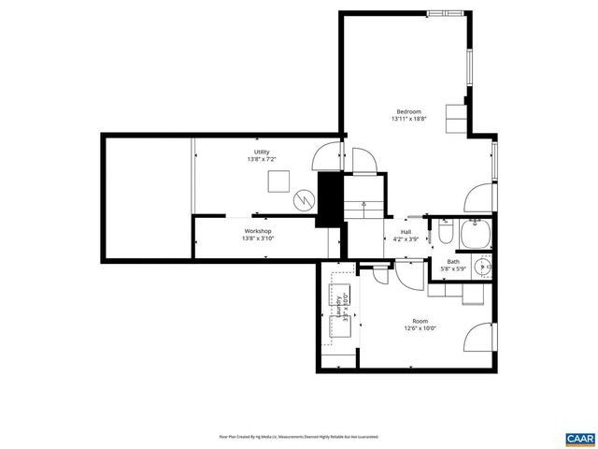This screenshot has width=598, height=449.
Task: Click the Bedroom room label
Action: pyautogui.click(x=408, y=111)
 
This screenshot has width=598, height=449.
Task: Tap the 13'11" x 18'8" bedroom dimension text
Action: pyautogui.click(x=408, y=120)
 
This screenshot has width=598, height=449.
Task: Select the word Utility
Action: pyautogui.click(x=261, y=152)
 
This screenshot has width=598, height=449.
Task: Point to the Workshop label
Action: pyautogui.click(x=258, y=230)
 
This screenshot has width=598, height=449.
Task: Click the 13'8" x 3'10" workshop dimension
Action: pyautogui.click(x=258, y=239)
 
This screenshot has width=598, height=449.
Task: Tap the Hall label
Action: pyautogui.click(x=406, y=231)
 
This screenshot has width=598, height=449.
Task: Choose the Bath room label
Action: pyautogui.click(x=453, y=262)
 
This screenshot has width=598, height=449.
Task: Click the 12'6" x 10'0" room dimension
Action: pyautogui.click(x=420, y=328)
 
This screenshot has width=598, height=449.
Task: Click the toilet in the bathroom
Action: pyautogui.click(x=446, y=232)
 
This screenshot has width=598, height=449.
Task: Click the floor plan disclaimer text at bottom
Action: pyautogui.click(x=298, y=437)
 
